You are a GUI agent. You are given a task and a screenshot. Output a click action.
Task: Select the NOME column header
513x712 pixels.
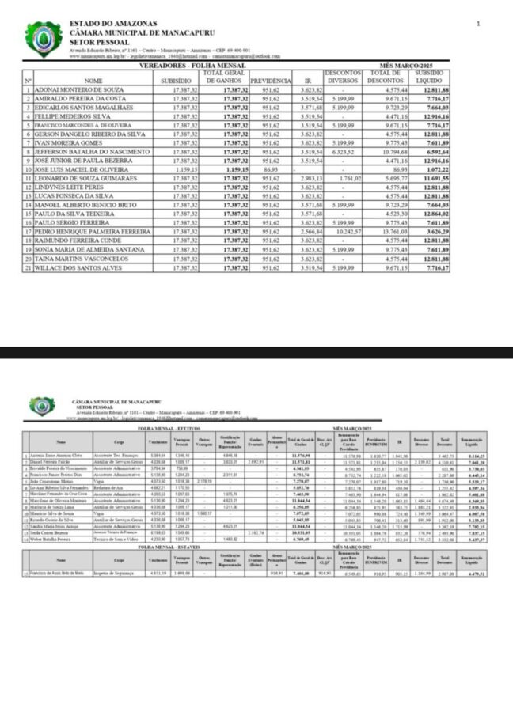pos(93,81)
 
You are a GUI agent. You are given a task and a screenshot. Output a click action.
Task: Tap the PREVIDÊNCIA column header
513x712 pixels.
pos(271,81)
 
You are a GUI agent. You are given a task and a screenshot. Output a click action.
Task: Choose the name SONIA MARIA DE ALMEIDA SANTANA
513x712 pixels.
pos(89,248)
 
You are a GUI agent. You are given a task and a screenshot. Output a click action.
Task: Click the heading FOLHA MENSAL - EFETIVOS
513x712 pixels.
pos(166,428)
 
